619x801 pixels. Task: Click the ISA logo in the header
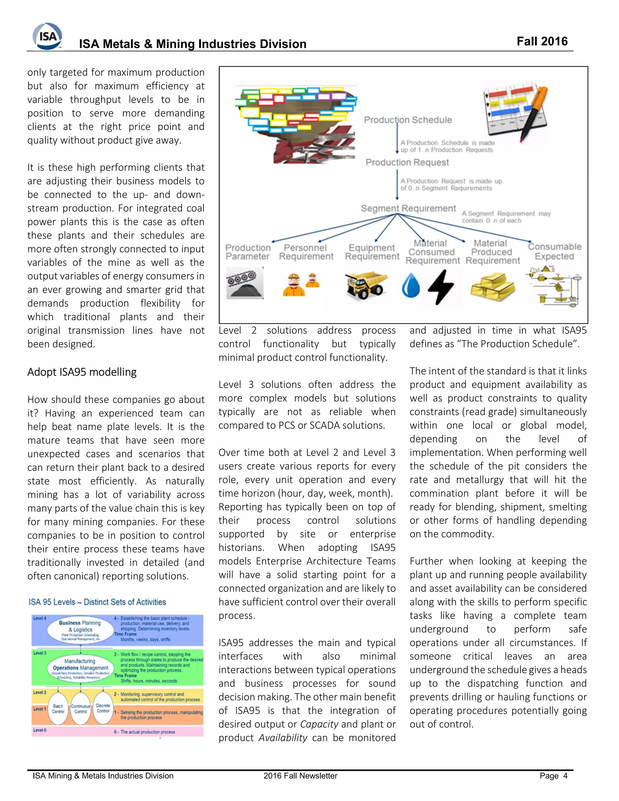(x=48, y=36)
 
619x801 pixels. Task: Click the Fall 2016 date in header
(x=542, y=41)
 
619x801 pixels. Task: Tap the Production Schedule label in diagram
(x=408, y=120)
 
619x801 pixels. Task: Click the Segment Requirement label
(x=408, y=208)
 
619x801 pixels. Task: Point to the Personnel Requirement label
(x=306, y=252)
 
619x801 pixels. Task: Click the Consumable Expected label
(x=554, y=251)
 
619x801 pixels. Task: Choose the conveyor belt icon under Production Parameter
(x=245, y=282)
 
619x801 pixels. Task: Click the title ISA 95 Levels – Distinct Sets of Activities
(x=97, y=602)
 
